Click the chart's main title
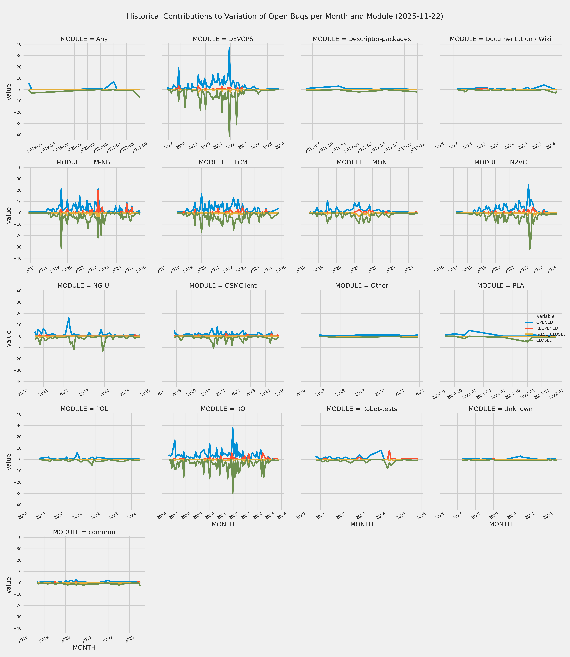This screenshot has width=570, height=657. (x=285, y=16)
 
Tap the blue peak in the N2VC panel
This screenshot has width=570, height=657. (x=528, y=185)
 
